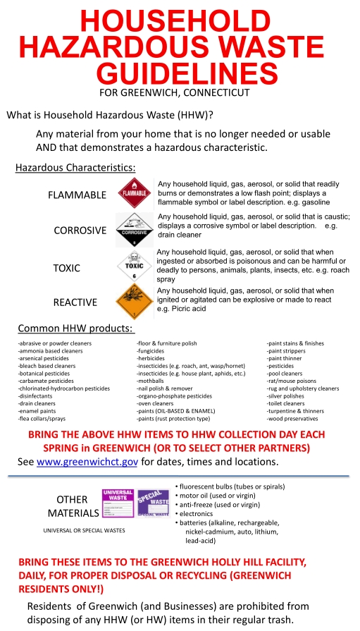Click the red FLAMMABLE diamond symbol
coord(133,192)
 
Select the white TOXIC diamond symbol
coord(133,267)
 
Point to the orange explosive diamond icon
coord(133,302)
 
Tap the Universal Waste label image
coord(118,503)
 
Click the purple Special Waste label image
coord(153,503)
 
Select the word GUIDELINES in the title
coord(185,73)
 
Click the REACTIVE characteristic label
coord(75,302)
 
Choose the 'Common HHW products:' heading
coord(76,328)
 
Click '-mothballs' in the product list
coord(152,381)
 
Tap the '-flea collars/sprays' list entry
coord(42,418)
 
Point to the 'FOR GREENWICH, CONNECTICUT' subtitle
coord(175,92)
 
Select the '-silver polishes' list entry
coord(287,396)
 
